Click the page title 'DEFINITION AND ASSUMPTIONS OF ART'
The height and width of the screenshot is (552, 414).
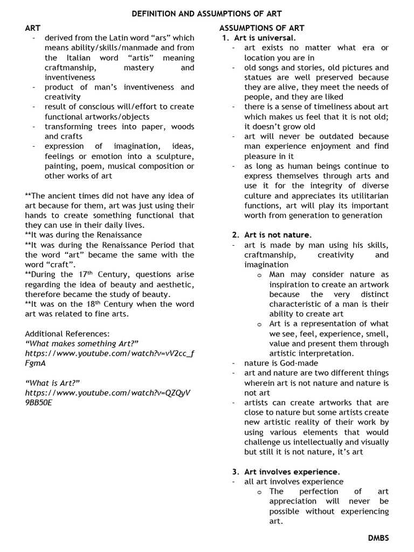207,13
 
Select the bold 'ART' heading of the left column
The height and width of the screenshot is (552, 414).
33,28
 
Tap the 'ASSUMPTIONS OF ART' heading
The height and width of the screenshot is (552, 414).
261,28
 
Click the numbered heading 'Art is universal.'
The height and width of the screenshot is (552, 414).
265,38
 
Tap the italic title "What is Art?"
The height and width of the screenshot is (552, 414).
52,383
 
